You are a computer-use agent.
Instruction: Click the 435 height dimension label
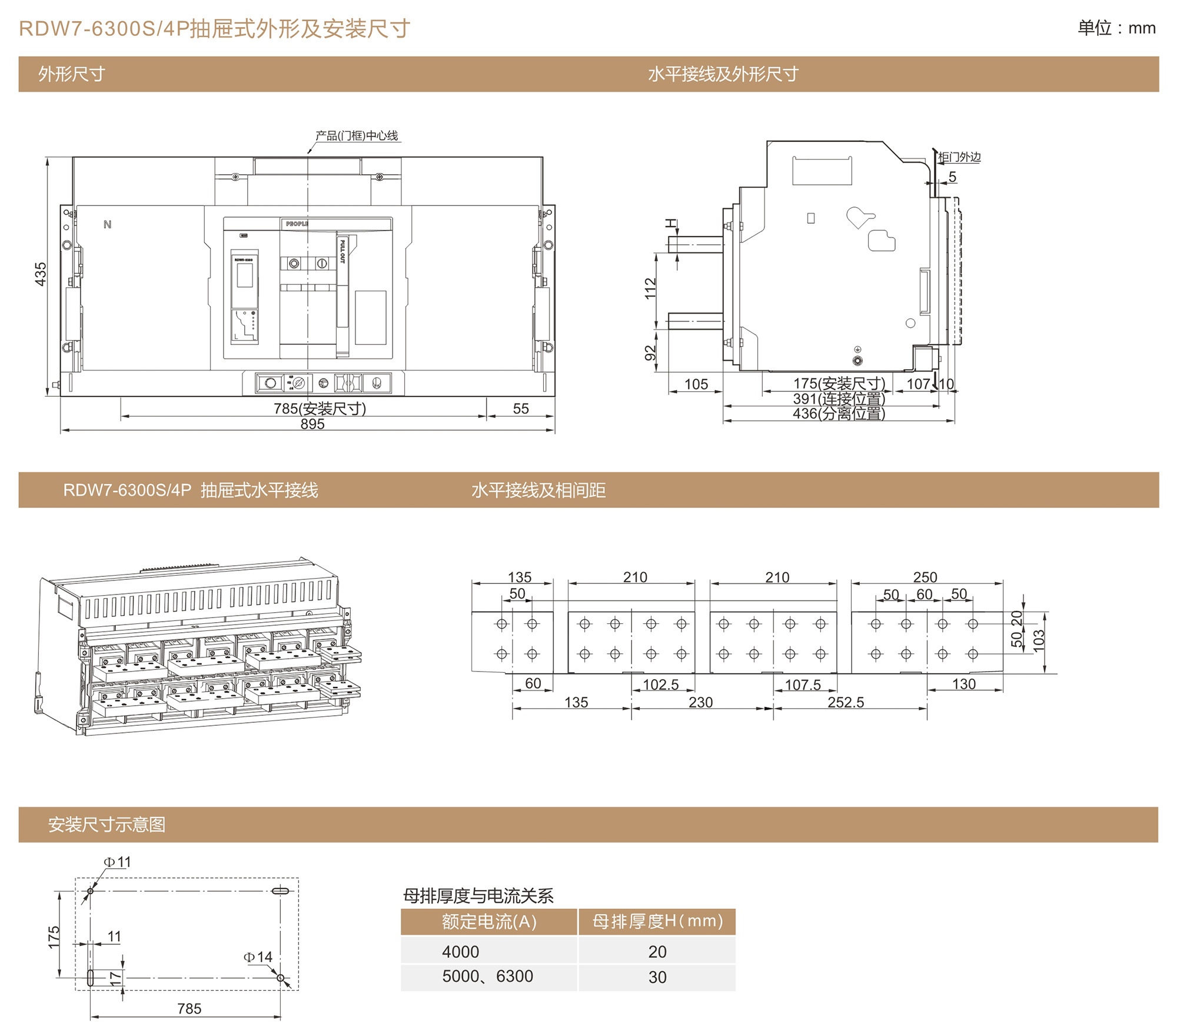click(40, 274)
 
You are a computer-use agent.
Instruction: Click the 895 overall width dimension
click(312, 424)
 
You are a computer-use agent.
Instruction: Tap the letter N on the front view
click(107, 224)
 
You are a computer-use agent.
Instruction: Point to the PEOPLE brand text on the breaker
click(297, 224)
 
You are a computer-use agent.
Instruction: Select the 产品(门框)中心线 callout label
click(357, 136)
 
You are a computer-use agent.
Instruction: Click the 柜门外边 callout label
click(959, 157)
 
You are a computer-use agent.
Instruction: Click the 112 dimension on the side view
click(650, 288)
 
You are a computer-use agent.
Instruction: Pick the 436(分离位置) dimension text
click(839, 414)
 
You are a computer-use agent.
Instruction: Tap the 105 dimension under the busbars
click(696, 384)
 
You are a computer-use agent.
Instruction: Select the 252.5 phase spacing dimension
click(846, 702)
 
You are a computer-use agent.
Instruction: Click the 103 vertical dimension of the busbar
click(1039, 640)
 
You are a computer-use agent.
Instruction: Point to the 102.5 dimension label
click(660, 685)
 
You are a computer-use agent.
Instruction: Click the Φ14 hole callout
click(258, 957)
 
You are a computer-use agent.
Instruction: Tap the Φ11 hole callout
click(118, 862)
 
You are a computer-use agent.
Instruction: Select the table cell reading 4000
click(461, 952)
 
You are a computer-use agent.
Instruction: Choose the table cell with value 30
click(657, 977)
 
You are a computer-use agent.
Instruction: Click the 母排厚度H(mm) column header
click(657, 921)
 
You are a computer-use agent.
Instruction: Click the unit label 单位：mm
click(1116, 28)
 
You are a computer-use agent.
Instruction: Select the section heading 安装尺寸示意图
click(107, 825)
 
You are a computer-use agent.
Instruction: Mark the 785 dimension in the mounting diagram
click(189, 1009)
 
